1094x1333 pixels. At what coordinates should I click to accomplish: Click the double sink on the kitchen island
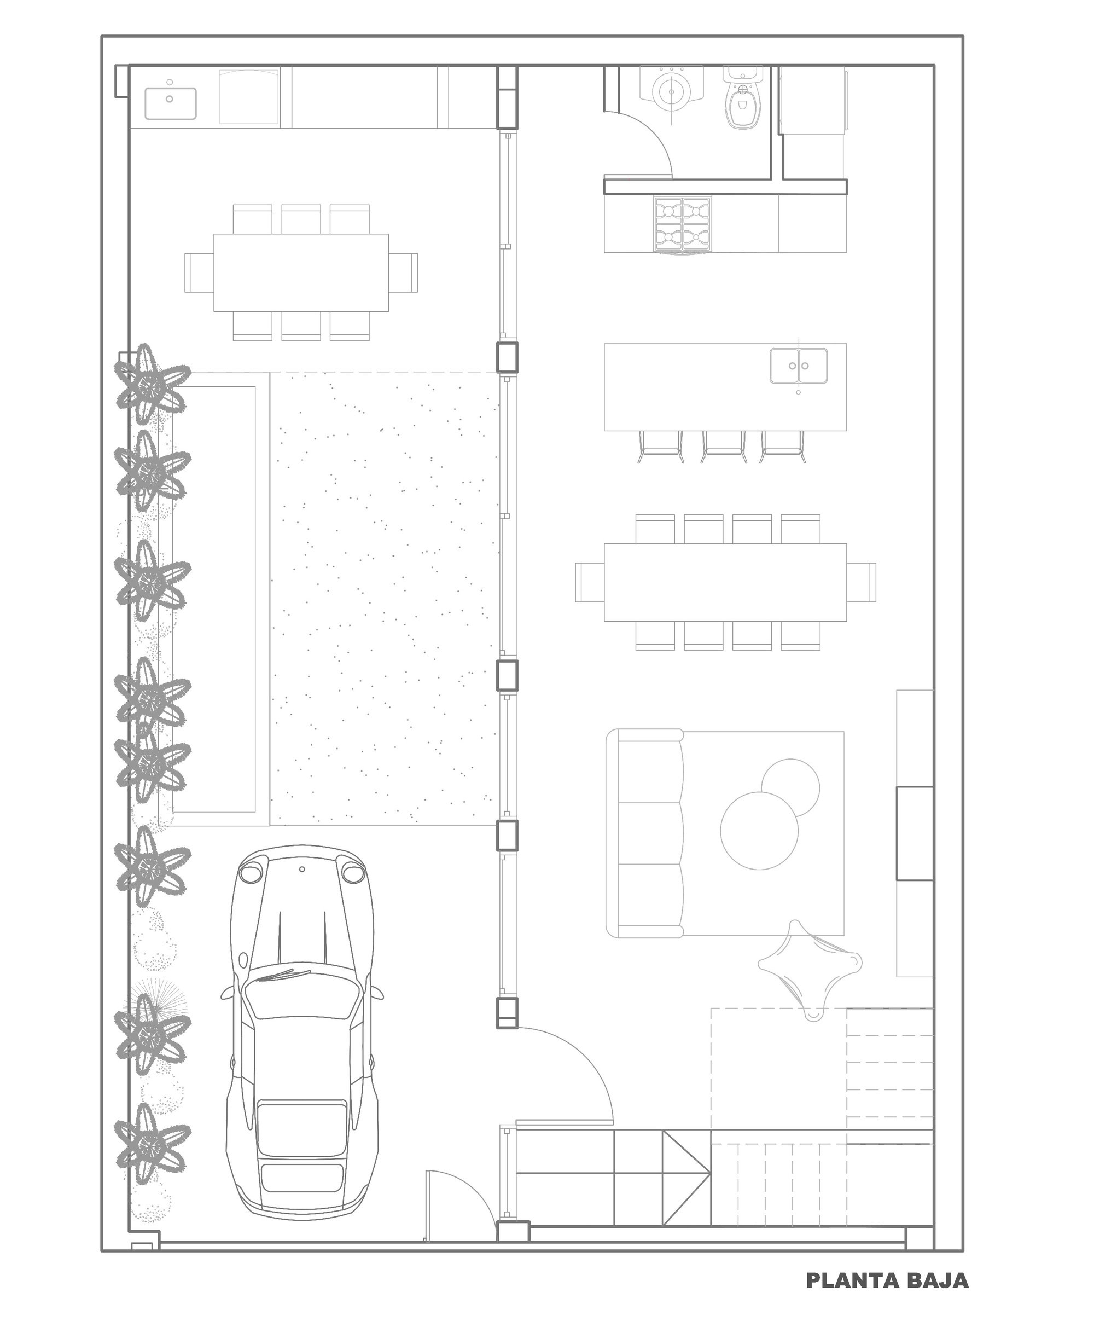[x=799, y=366]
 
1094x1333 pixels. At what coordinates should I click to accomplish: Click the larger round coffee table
[x=759, y=830]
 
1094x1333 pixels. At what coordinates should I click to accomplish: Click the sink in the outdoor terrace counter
[x=170, y=103]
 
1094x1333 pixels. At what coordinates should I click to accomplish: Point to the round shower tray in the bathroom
[x=672, y=92]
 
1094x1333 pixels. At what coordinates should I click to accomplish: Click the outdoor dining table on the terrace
[x=301, y=273]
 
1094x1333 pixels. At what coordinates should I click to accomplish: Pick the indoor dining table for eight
[x=725, y=582]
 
